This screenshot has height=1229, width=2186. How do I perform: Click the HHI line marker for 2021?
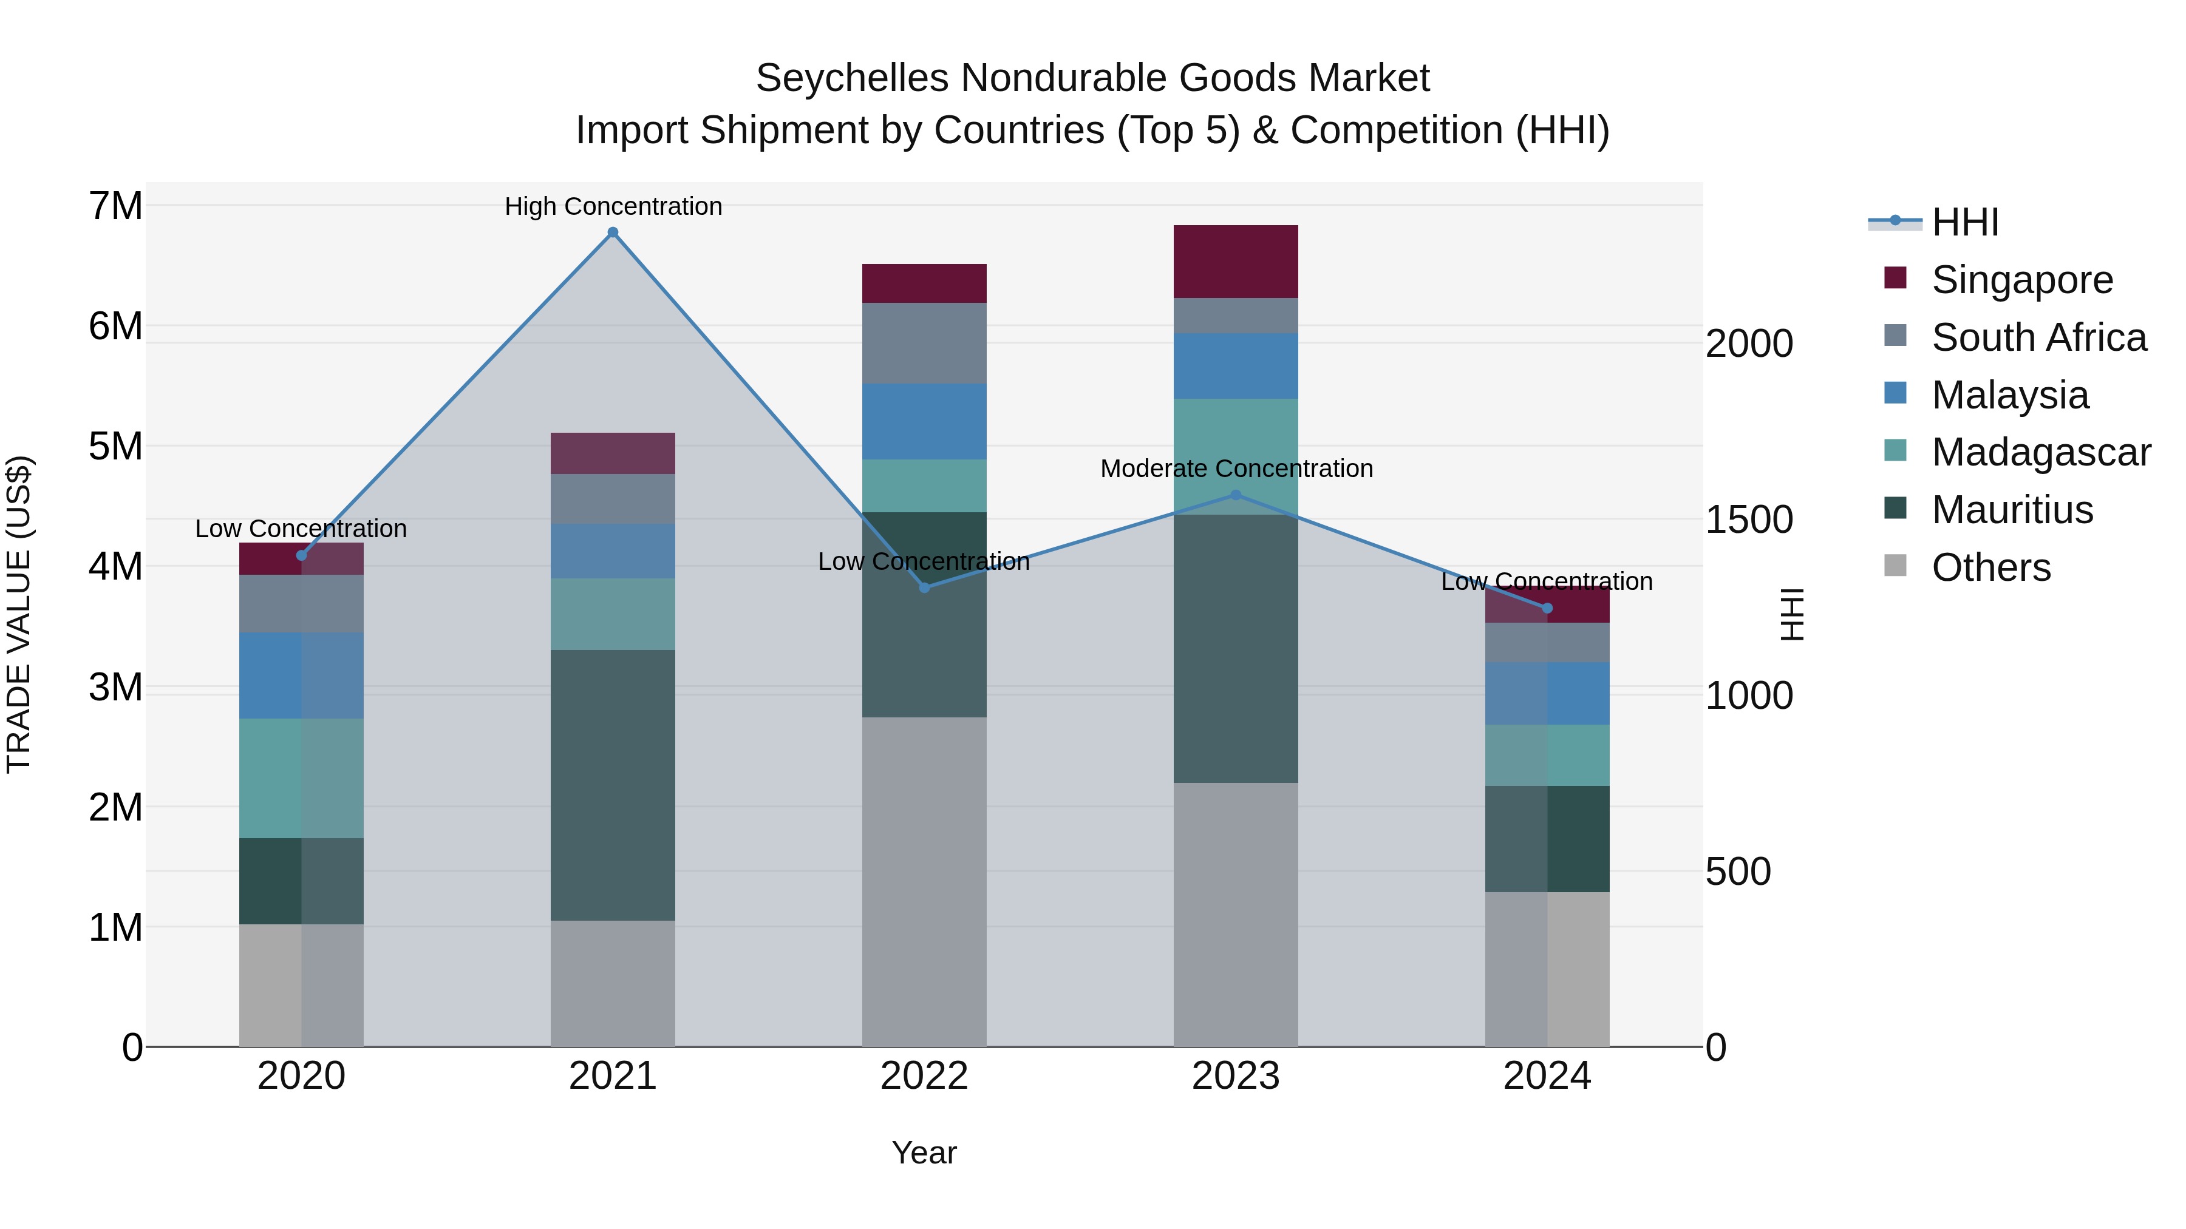613,232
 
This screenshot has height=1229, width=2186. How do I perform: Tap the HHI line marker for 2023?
1236,495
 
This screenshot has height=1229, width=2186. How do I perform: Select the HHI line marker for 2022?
924,587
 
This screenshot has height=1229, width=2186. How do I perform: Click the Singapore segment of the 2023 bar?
1236,261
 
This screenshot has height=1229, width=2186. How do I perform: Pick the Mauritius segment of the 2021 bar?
613,785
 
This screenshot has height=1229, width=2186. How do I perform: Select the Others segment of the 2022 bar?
924,882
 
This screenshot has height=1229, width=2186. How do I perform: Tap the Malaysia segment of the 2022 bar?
924,422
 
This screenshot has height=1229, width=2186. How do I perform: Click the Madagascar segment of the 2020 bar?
301,778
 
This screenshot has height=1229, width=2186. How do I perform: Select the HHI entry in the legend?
1964,222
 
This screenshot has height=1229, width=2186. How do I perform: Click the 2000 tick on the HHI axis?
1749,344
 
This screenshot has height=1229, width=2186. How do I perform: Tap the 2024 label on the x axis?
1547,1076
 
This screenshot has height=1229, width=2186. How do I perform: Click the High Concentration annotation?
613,206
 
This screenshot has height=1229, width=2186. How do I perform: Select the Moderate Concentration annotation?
1236,468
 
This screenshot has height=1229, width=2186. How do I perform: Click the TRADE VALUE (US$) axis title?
19,614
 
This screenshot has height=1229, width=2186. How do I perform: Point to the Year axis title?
924,1153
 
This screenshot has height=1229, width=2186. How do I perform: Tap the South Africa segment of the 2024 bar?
1547,642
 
